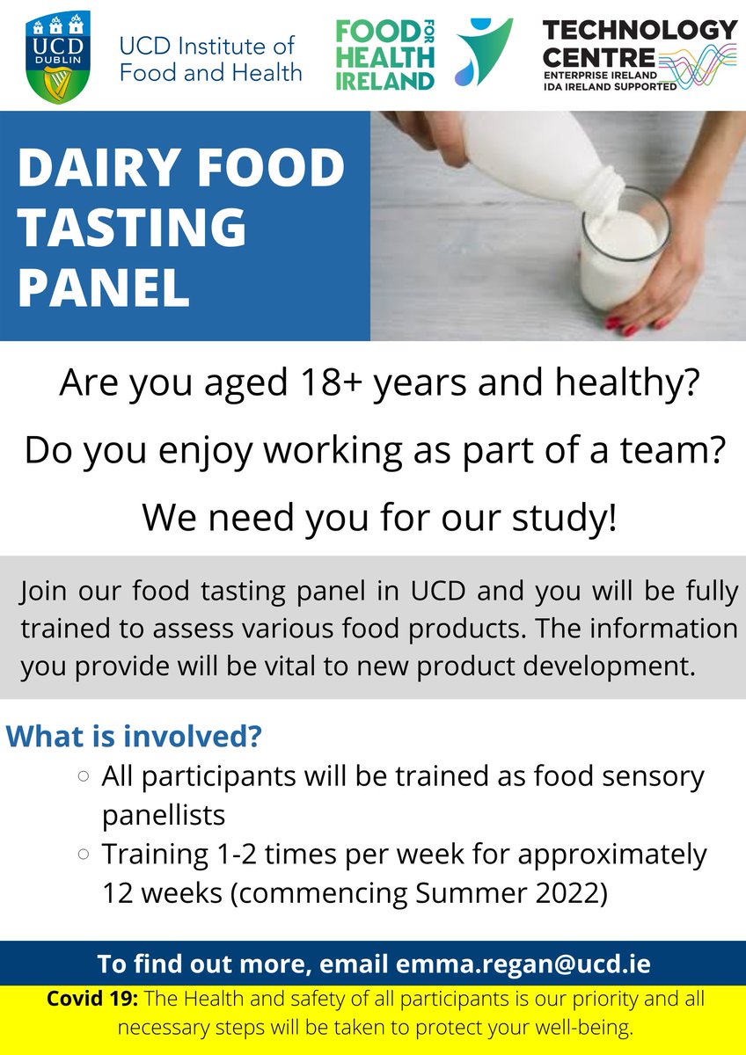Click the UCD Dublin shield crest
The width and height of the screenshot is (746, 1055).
pos(58,57)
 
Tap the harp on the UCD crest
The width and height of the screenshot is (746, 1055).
pos(58,84)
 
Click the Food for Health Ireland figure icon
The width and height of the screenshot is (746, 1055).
pos(484,52)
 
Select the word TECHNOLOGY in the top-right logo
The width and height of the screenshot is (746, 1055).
pos(640,30)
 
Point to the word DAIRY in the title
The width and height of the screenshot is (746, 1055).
pos(91,168)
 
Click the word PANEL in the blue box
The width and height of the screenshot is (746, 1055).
pos(103,287)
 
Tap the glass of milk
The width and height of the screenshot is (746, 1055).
pos(624,249)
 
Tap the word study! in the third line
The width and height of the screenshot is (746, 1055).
pos(564,518)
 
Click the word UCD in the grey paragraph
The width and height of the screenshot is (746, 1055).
pos(438,591)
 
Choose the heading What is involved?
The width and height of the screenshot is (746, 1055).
pos(134,736)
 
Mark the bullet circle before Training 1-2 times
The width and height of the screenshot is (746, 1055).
pos(84,854)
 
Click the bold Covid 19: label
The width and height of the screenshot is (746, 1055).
pos(92,998)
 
